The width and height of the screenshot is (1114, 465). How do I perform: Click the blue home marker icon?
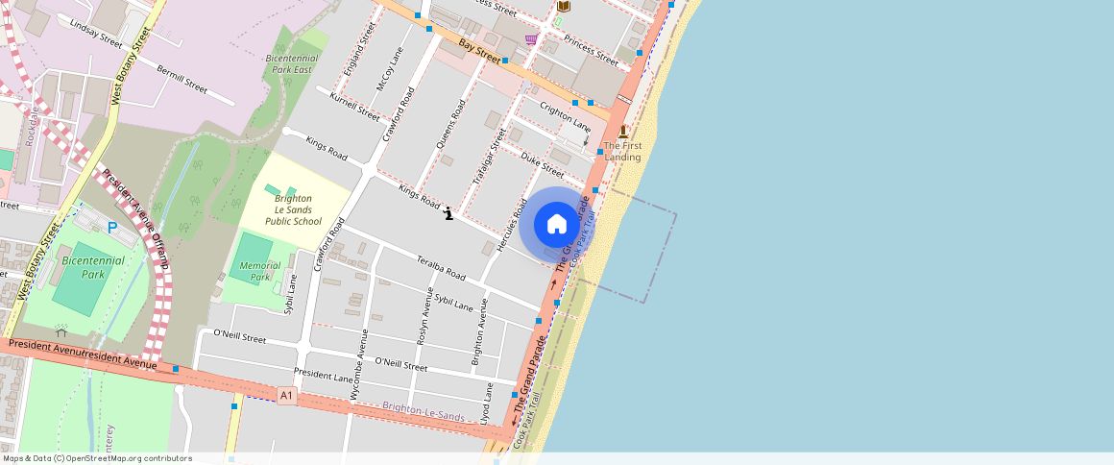point(557,225)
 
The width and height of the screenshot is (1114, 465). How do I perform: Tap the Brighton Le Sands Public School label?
point(292,209)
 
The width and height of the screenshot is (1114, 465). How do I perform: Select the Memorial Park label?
point(260,271)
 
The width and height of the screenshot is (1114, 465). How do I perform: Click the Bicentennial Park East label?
point(289,63)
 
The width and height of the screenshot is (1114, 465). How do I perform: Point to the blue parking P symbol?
point(113,228)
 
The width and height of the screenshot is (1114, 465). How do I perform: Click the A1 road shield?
point(286,395)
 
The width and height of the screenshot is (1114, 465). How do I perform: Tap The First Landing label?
point(622,151)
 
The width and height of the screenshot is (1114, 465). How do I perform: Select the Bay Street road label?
point(480,50)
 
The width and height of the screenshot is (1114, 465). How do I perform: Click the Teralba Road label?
point(441,268)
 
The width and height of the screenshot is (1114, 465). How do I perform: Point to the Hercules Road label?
point(511,227)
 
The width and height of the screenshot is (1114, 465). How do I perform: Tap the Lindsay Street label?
point(96,32)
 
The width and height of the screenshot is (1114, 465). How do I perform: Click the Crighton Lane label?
point(565,116)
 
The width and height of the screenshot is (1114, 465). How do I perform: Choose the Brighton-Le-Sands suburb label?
point(423,412)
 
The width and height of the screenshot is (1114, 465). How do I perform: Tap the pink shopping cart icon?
point(531,39)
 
